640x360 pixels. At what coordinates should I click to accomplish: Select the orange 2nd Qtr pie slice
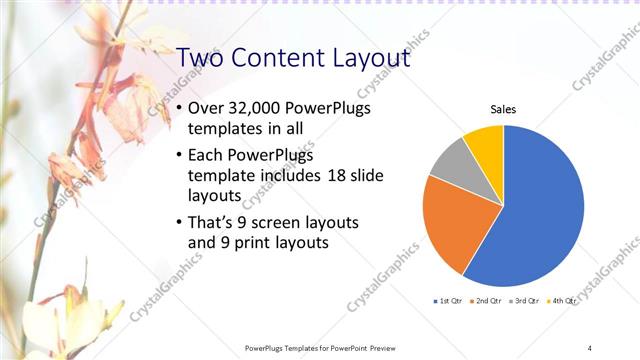[448, 222]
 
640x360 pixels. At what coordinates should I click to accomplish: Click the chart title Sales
[503, 110]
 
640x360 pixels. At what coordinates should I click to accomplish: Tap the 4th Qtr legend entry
[564, 300]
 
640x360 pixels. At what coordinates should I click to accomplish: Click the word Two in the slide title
[203, 58]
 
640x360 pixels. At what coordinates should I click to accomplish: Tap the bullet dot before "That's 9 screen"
[179, 222]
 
